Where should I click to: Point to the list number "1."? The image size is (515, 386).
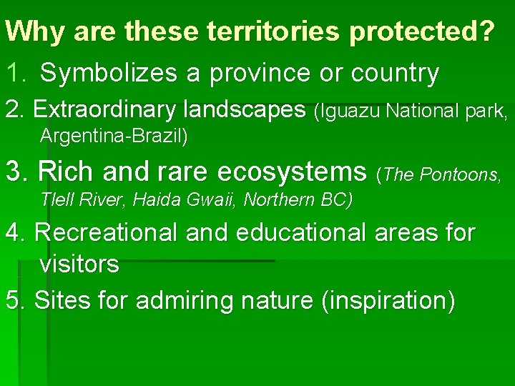(17, 73)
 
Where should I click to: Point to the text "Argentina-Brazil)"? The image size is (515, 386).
(114, 137)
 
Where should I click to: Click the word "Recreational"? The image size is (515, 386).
(105, 232)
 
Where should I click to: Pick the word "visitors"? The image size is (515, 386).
(79, 264)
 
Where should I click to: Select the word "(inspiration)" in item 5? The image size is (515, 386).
(387, 301)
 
